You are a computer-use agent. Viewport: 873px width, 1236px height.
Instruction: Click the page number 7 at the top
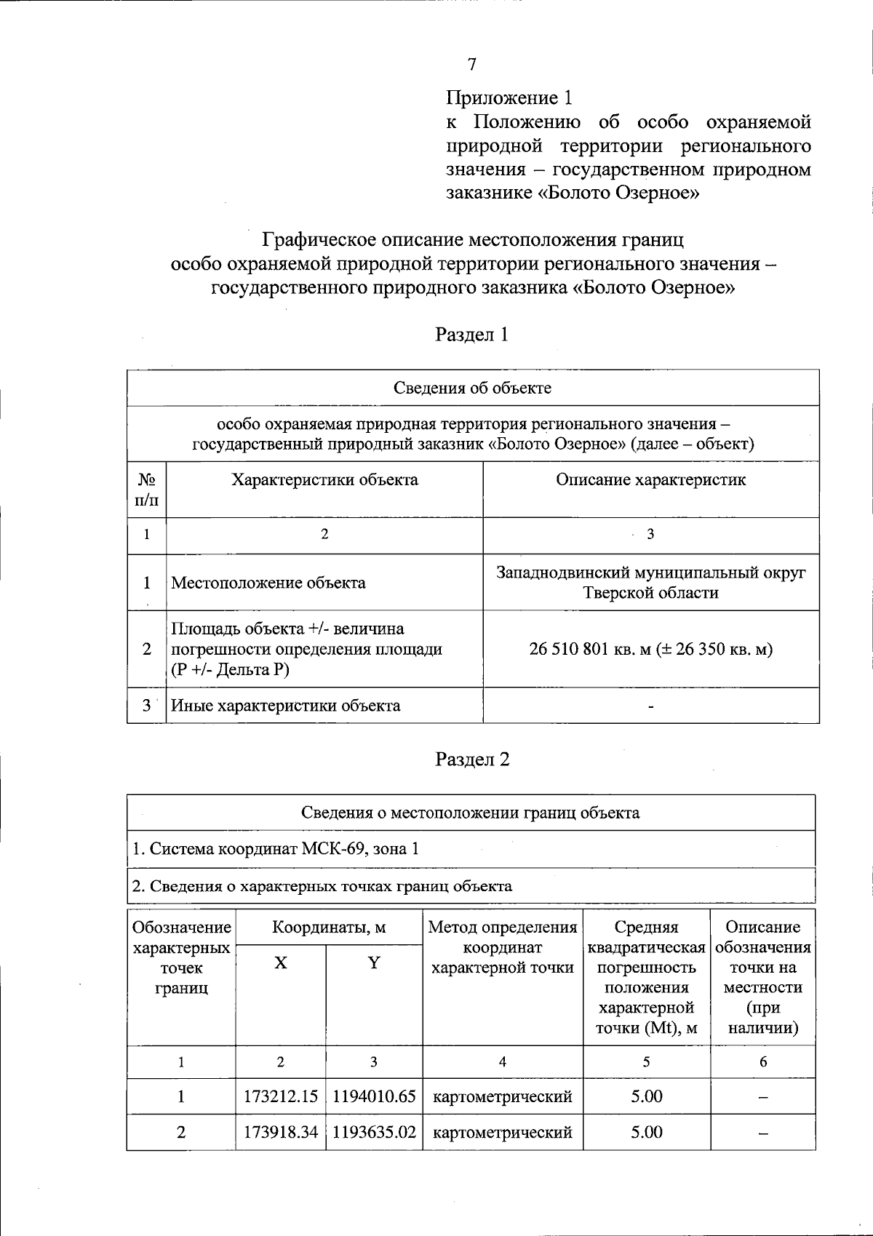[x=471, y=65]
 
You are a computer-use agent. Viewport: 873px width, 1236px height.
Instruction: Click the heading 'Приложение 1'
[x=509, y=97]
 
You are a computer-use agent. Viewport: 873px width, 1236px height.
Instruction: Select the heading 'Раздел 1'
[x=471, y=335]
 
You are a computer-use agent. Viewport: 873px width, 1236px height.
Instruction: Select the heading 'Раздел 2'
[x=471, y=759]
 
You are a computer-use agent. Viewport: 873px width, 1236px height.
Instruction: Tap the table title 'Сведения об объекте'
[x=472, y=388]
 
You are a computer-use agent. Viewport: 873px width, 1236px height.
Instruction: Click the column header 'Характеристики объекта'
[x=324, y=480]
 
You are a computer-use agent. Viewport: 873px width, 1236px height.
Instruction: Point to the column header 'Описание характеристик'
[x=650, y=480]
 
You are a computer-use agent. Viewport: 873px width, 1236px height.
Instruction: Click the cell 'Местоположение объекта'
[x=268, y=583]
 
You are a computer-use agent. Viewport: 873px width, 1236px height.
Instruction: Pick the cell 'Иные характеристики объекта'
[x=285, y=706]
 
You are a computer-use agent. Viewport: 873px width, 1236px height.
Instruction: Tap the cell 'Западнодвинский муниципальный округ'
[x=650, y=573]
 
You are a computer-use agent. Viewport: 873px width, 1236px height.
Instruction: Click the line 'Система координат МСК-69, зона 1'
[x=276, y=849]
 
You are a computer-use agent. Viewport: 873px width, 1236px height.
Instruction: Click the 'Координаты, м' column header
[x=329, y=928]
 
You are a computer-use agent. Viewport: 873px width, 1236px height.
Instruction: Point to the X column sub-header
[x=281, y=963]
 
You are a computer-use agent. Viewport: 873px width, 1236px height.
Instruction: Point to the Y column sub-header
[x=374, y=963]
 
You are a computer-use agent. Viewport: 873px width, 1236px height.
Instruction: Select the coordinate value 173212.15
[x=281, y=1096]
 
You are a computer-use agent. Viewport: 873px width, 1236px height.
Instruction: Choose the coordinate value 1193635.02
[x=374, y=1132]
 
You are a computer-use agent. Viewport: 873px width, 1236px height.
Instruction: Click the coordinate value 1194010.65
[x=374, y=1096]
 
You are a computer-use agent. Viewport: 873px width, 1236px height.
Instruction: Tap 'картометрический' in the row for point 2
[x=502, y=1132]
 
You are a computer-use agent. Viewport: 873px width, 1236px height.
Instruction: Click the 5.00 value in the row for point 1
[x=646, y=1096]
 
